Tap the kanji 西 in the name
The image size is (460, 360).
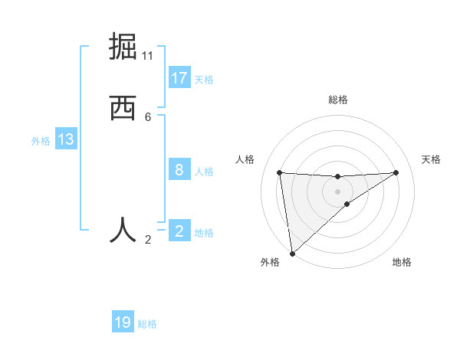[123, 109]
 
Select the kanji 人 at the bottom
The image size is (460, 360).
[123, 230]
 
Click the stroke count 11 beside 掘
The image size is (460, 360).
[148, 56]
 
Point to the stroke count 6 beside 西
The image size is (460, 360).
[148, 116]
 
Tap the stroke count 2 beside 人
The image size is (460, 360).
[148, 240]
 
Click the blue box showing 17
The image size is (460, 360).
[179, 78]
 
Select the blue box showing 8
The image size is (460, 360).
[179, 169]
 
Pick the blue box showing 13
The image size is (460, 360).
[66, 139]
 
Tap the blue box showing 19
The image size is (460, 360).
[123, 322]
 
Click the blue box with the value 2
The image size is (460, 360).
[179, 231]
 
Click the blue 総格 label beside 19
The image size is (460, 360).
[147, 324]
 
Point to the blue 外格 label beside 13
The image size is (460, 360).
[41, 141]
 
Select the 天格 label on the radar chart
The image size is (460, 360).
[431, 159]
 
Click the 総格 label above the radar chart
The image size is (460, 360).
[337, 100]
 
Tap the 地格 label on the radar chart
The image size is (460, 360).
[402, 263]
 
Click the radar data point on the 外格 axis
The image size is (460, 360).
[291, 253]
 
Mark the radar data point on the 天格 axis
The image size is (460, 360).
[396, 172]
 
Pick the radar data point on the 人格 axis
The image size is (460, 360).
[280, 172]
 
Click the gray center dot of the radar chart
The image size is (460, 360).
[337, 191]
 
